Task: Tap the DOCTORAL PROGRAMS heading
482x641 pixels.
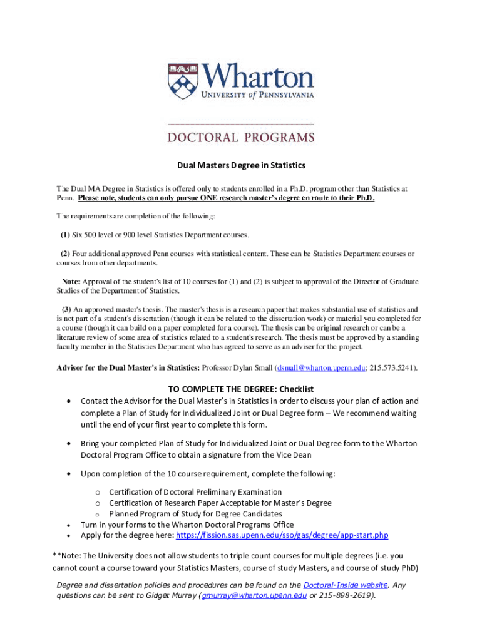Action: (x=241, y=136)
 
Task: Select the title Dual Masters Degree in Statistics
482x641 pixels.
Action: (x=241, y=165)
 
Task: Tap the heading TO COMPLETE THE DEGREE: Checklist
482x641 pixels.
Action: (x=241, y=389)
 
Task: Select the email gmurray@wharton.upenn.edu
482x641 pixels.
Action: (x=253, y=595)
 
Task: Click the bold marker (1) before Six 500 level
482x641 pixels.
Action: (x=65, y=235)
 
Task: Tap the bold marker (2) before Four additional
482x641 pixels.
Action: (x=65, y=254)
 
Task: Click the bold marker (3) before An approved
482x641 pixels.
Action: (x=66, y=309)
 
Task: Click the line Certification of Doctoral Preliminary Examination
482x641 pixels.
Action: (x=195, y=492)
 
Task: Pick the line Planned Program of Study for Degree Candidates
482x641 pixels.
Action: (x=195, y=514)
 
